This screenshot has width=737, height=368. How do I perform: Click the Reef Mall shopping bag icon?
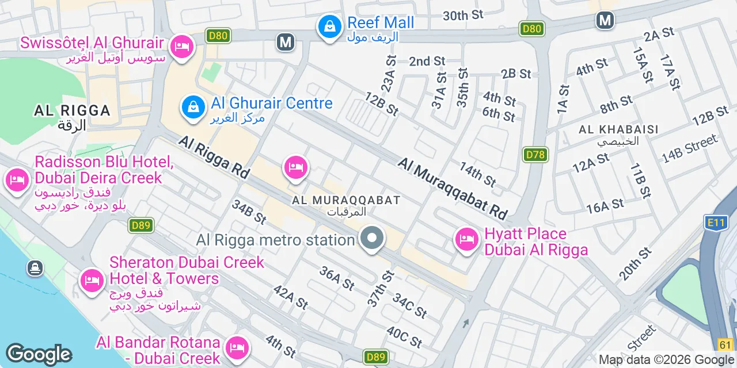pyautogui.click(x=329, y=26)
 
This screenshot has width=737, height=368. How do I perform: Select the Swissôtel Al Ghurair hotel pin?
pyautogui.click(x=182, y=45)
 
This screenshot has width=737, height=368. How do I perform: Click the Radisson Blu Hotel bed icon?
pyautogui.click(x=17, y=180)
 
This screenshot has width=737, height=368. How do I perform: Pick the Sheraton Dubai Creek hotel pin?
pyautogui.click(x=91, y=281)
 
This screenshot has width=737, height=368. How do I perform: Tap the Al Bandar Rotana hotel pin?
pyautogui.click(x=236, y=347)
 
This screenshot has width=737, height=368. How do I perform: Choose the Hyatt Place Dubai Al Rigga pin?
pyautogui.click(x=466, y=239)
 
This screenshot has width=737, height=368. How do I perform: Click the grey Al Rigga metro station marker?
pyautogui.click(x=372, y=238)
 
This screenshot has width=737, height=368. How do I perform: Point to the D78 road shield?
pyautogui.click(x=536, y=154)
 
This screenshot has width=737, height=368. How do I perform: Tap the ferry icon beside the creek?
pyautogui.click(x=35, y=268)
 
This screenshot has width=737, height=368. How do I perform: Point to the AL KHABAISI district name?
pyautogui.click(x=619, y=129)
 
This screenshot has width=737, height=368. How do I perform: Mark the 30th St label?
pyautogui.click(x=464, y=16)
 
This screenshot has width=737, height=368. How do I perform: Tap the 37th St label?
pyautogui.click(x=380, y=288)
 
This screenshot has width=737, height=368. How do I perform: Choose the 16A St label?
pyautogui.click(x=605, y=205)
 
